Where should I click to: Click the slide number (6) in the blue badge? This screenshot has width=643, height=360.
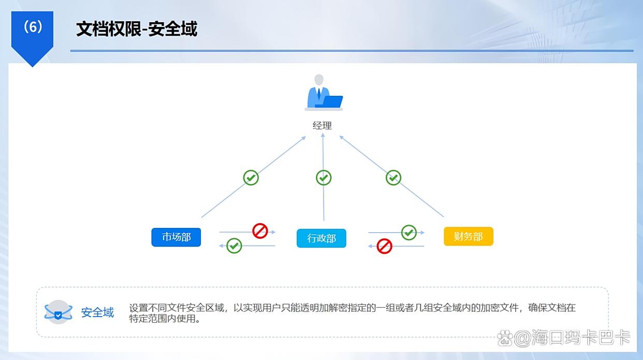tap(33, 27)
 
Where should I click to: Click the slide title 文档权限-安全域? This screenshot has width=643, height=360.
tap(137, 29)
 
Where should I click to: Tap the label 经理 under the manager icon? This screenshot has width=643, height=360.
tap(322, 125)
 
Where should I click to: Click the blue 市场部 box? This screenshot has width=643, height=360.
tap(176, 237)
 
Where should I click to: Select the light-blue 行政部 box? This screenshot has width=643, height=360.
tap(321, 238)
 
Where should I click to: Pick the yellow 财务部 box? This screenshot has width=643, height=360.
tap(468, 237)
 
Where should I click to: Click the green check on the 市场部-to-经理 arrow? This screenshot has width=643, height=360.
tap(251, 178)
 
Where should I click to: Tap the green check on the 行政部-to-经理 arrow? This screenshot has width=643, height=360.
tap(324, 178)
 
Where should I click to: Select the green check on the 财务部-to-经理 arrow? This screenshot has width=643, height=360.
tap(393, 178)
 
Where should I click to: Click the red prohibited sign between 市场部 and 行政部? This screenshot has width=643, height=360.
tap(260, 231)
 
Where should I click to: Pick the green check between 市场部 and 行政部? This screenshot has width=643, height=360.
tap(234, 245)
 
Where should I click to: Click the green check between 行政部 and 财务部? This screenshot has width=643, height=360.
tap(409, 232)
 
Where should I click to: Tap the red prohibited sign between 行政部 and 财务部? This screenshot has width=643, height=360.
tap(384, 246)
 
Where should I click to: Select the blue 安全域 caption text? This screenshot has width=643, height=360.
tap(97, 313)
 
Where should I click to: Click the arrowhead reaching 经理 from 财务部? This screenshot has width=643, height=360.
tap(342, 137)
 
